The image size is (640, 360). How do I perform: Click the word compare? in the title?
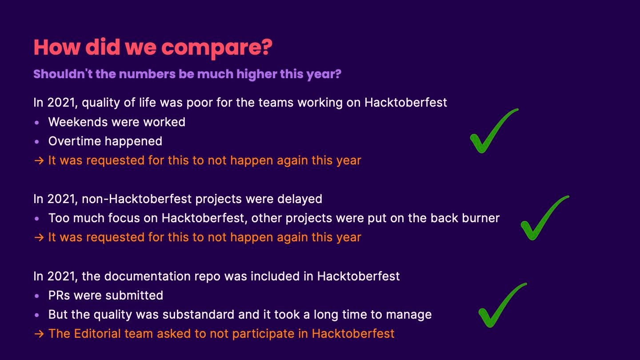[x=217, y=48]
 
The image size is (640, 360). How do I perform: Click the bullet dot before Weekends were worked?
[x=36, y=123]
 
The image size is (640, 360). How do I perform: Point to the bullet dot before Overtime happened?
[x=36, y=142]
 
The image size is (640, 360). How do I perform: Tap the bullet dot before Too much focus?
[x=36, y=219]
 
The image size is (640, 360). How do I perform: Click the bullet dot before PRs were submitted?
[x=36, y=296]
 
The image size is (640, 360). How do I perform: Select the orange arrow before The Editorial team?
[x=39, y=334]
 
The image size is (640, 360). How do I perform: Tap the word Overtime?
[x=74, y=141]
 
